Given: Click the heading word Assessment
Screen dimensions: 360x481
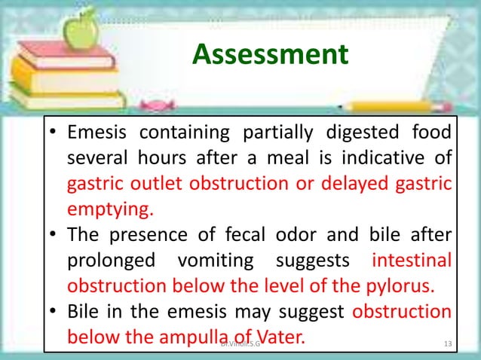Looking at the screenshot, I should [270, 53].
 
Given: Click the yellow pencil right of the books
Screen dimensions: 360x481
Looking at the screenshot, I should [392, 106].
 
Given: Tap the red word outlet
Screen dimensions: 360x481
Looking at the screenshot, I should [153, 184].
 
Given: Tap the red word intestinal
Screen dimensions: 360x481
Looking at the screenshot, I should [412, 261].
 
